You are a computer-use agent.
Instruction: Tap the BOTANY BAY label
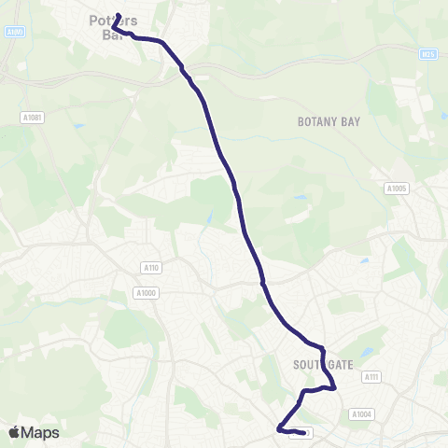tap(328, 121)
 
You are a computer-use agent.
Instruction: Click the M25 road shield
tap(428, 55)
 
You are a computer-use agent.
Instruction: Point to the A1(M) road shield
tap(14, 33)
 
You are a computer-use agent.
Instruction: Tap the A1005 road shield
tap(397, 188)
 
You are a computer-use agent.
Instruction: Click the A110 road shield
tap(151, 268)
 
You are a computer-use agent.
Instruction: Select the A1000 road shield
tap(145, 293)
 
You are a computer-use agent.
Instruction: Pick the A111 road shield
tap(372, 377)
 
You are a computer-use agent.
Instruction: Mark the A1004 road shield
tap(361, 413)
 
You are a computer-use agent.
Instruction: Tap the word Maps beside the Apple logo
tap(41, 432)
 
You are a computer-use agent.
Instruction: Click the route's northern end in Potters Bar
tap(119, 15)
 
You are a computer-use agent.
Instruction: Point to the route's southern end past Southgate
tap(305, 433)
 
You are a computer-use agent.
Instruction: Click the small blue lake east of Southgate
tap(368, 353)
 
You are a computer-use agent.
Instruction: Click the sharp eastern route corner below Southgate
tap(334, 388)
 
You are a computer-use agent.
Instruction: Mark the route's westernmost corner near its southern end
tap(278, 428)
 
